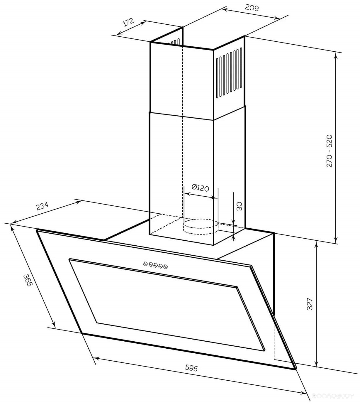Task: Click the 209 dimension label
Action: coord(252,8)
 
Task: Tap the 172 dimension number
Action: coord(128,22)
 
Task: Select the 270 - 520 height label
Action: coord(329,151)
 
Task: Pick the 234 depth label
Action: coord(42,206)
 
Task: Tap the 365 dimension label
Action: coord(28,281)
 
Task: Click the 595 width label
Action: coord(191,368)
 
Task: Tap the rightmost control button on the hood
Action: coord(165,266)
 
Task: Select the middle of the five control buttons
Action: coord(155,265)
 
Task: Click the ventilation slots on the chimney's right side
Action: coord(229,73)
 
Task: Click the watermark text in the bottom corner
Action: coord(333,396)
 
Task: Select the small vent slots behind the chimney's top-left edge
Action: coord(174,42)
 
